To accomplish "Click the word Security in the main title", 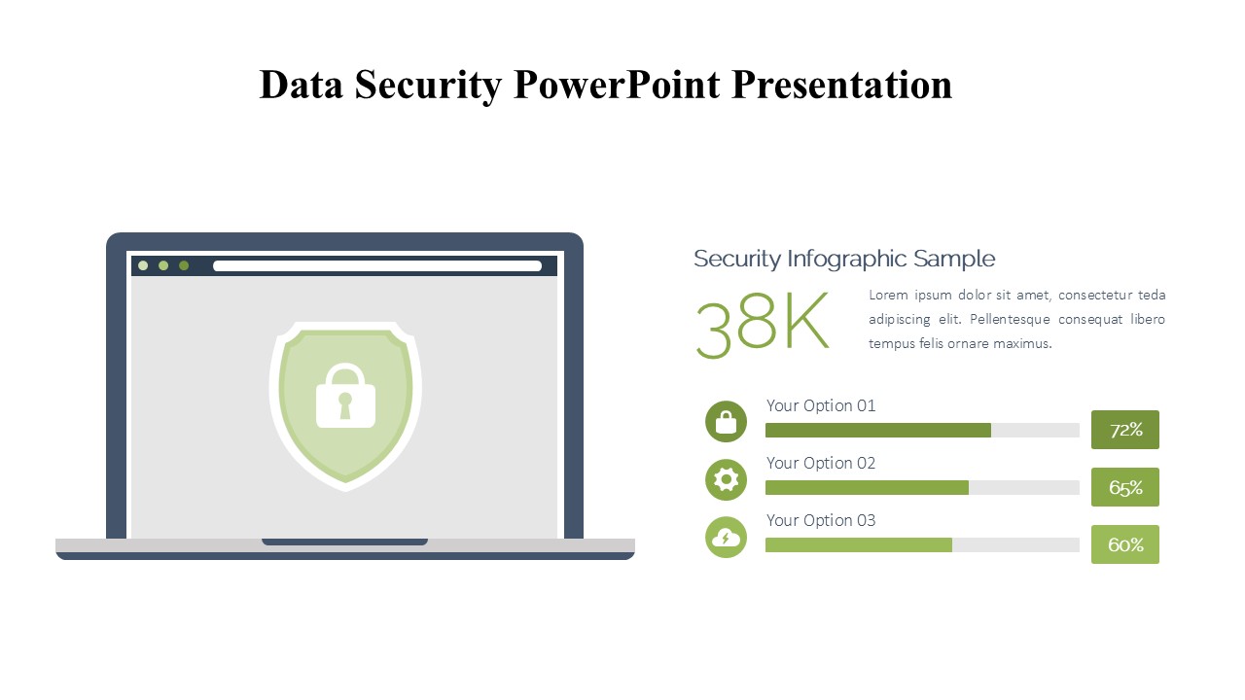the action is (428, 86).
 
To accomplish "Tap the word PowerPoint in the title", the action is (617, 85).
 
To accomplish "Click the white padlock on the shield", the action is (345, 396).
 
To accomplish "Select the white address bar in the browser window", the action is (377, 266).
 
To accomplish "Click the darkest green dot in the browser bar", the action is (184, 265).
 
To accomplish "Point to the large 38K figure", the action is (762, 325).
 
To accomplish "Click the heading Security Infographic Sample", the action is (844, 259).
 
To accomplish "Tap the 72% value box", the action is (1125, 430).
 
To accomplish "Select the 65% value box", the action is (1125, 487).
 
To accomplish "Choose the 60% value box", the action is (1125, 544).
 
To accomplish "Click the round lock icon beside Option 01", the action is (726, 422).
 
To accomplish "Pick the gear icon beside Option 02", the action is (726, 479).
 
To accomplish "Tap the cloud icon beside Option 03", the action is (726, 538).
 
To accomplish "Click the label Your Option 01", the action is (821, 405).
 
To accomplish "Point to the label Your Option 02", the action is (821, 463).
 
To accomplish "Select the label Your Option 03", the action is (821, 520).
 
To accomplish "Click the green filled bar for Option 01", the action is (878, 430).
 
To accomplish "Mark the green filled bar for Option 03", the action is (859, 545).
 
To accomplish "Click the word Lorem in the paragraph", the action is (888, 295).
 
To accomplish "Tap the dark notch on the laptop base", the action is (344, 542).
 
